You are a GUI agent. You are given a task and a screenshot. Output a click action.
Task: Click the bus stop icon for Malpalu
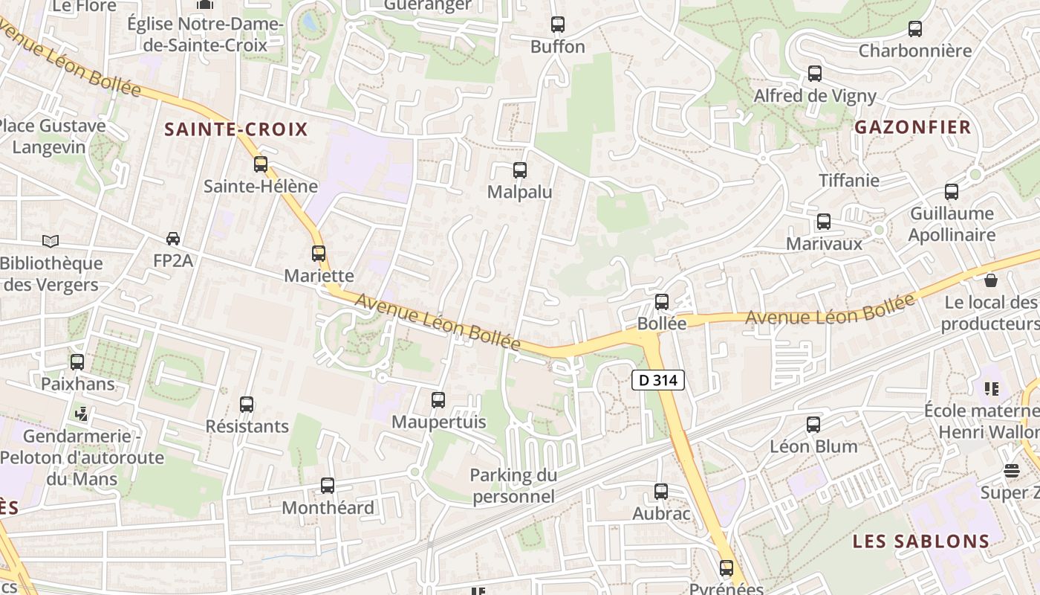click(520, 170)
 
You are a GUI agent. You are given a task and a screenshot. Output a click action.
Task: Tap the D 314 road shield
click(657, 380)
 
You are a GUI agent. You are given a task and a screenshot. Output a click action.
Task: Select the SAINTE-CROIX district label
click(235, 129)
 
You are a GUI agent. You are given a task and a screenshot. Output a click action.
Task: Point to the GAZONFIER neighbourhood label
click(912, 127)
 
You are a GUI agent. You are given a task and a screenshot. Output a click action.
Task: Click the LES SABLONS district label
click(920, 541)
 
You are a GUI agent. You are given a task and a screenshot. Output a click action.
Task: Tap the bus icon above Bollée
click(662, 302)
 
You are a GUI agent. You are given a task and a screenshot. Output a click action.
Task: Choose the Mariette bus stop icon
click(319, 254)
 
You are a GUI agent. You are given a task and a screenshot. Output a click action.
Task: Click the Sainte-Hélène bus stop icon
click(261, 164)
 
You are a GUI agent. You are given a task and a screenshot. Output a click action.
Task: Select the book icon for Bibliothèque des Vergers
click(51, 241)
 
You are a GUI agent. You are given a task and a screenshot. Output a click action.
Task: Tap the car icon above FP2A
click(173, 239)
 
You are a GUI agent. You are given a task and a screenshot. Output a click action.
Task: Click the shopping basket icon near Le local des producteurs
click(990, 280)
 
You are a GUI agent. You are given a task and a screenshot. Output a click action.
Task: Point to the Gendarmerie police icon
click(82, 414)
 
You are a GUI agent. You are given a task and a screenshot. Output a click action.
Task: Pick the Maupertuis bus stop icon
click(438, 400)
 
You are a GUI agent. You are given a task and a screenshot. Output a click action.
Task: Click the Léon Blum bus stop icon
click(813, 425)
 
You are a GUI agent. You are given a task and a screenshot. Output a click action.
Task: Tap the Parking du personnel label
click(513, 486)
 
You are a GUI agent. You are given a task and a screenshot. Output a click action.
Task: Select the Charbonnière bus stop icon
click(915, 29)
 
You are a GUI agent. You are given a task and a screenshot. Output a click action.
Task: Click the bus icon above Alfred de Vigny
click(815, 74)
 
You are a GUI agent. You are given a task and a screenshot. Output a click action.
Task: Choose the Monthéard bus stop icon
click(328, 486)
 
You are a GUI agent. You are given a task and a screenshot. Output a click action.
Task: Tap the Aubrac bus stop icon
click(661, 492)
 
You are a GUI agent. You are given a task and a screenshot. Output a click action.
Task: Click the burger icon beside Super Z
click(1011, 470)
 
